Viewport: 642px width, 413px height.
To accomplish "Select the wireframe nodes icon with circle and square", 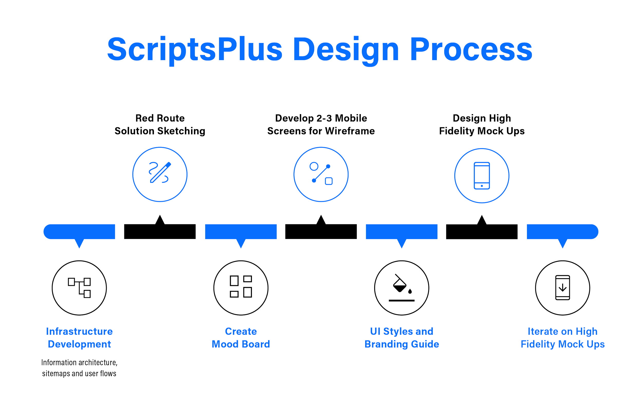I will [x=321, y=174].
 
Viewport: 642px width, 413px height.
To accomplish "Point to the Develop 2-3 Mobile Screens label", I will [x=321, y=125].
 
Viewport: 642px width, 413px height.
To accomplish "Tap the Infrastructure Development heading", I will [x=79, y=338].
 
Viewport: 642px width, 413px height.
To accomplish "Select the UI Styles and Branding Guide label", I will [x=402, y=338].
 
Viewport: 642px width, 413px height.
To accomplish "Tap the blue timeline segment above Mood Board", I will [x=241, y=232].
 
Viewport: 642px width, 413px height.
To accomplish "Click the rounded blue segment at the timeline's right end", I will [x=562, y=232].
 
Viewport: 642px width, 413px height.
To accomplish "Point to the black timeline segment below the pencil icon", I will [x=160, y=232].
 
